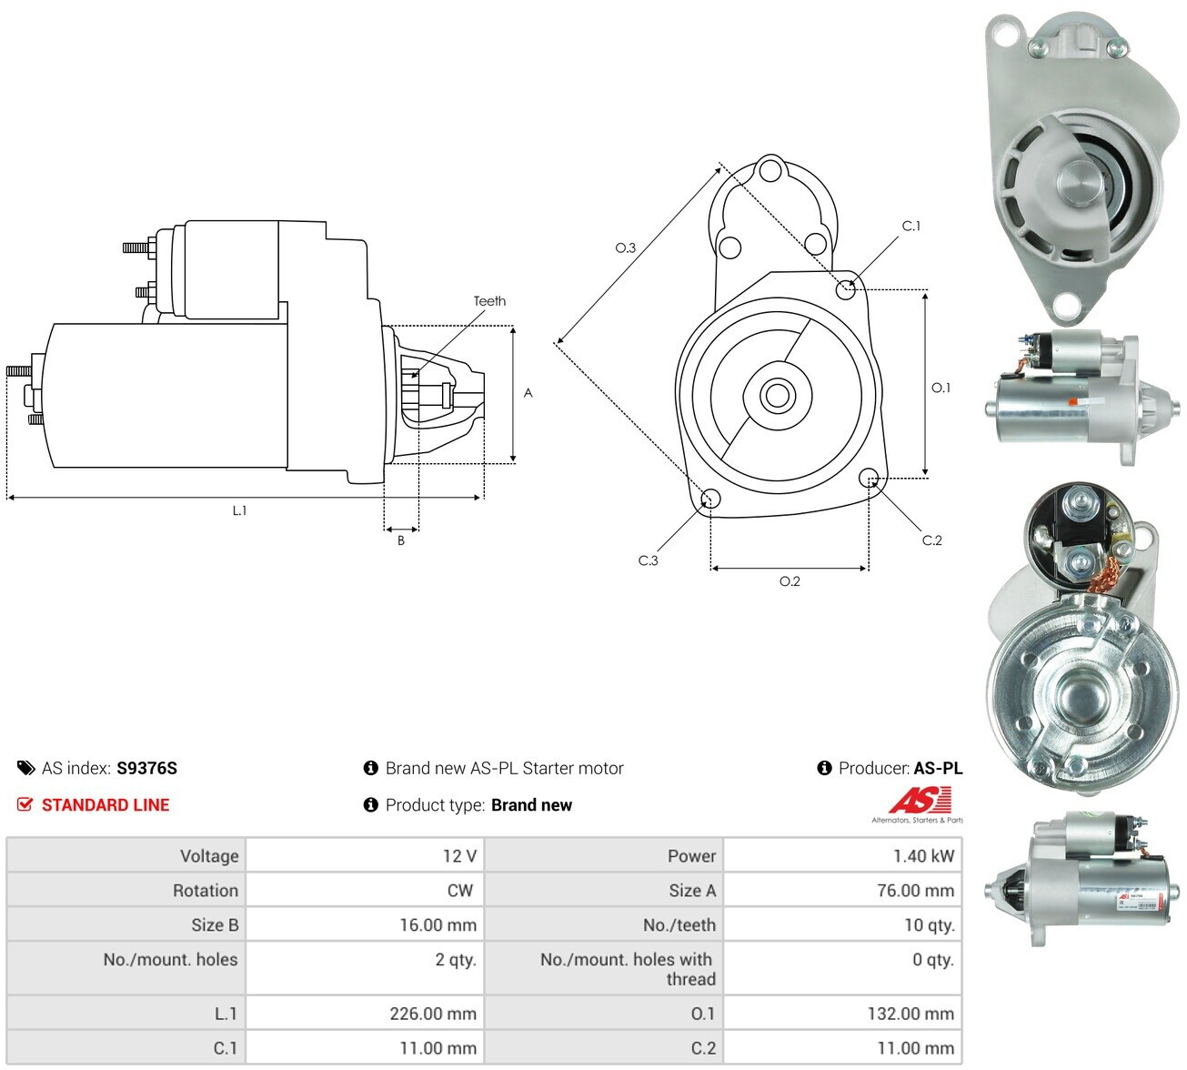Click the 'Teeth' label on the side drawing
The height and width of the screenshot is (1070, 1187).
pyautogui.click(x=489, y=301)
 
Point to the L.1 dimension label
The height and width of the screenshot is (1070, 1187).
pyautogui.click(x=239, y=510)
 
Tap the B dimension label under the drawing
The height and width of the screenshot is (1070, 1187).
pyautogui.click(x=401, y=540)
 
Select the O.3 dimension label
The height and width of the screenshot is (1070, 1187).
pyautogui.click(x=626, y=247)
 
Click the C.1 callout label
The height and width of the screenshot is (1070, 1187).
pyautogui.click(x=911, y=226)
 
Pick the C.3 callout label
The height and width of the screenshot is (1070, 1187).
pyautogui.click(x=648, y=560)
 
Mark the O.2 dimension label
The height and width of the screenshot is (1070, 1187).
pyautogui.click(x=790, y=581)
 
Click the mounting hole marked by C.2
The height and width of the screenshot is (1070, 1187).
pyautogui.click(x=868, y=477)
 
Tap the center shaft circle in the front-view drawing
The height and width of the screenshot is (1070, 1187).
pyautogui.click(x=778, y=396)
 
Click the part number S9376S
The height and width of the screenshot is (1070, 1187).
pyautogui.click(x=146, y=768)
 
